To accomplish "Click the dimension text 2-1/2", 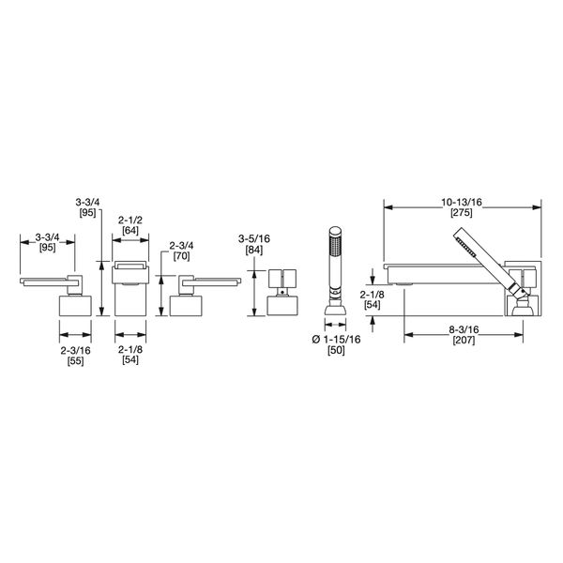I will [129, 221].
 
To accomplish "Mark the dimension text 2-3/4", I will [180, 247].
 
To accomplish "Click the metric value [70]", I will [180, 258].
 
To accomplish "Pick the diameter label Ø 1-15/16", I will [334, 339].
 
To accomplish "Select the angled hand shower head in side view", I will [468, 251].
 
